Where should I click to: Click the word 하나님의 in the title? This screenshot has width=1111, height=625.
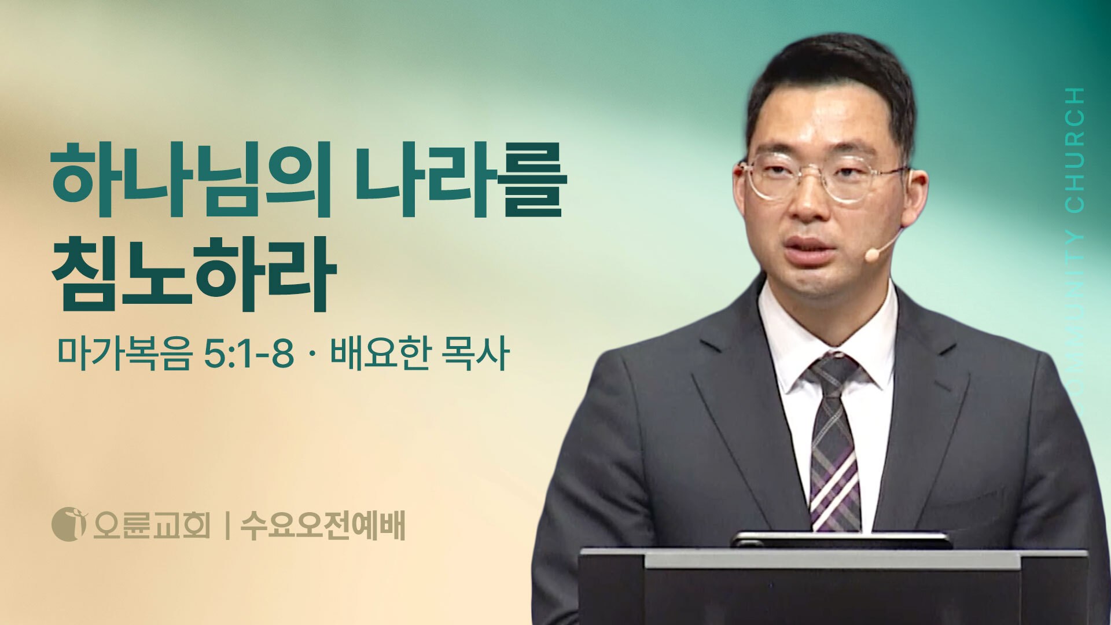point(192,179)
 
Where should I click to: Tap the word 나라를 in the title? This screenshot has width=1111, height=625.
point(461,179)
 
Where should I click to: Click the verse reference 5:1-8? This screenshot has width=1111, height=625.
point(249,354)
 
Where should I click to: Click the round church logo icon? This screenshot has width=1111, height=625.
point(69,524)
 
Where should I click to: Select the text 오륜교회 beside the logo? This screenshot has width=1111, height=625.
point(152,525)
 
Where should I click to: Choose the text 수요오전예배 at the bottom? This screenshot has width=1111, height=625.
point(322,525)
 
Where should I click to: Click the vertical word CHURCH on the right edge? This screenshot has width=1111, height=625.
point(1075,150)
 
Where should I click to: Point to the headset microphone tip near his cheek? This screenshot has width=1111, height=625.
point(871,255)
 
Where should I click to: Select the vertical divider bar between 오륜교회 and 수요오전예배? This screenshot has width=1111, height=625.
point(227,525)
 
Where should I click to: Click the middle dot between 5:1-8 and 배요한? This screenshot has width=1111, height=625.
point(312,354)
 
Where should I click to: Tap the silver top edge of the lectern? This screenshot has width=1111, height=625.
point(833,559)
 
